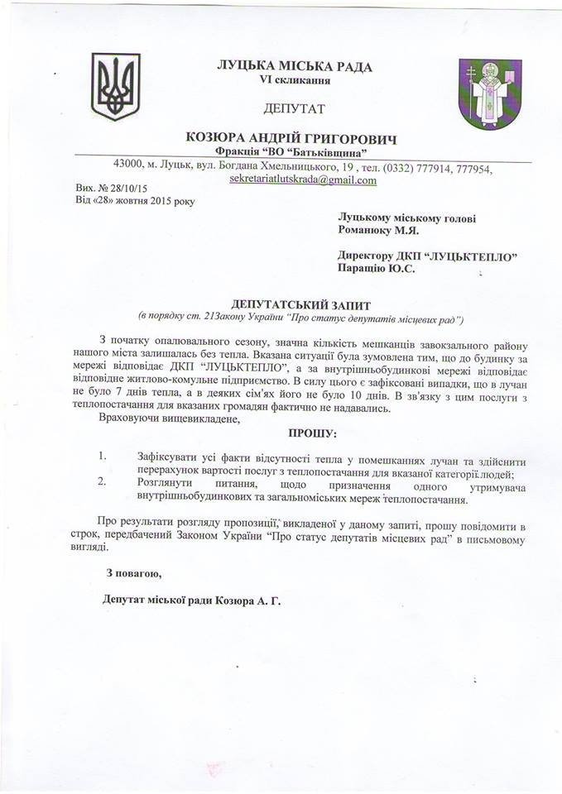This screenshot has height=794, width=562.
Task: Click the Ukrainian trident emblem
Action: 115,88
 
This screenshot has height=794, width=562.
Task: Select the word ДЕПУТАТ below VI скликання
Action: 295,108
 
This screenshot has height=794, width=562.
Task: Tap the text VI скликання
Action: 295,81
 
